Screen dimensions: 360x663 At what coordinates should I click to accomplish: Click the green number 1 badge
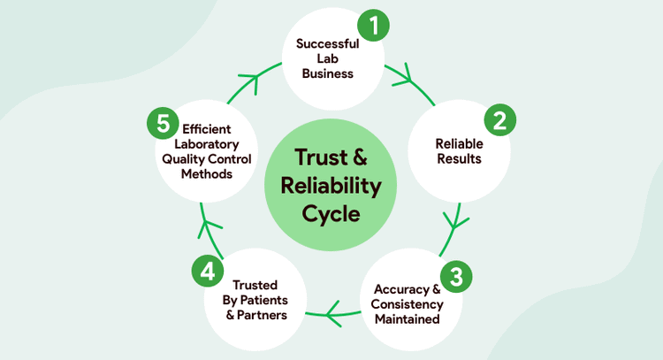tap(373, 27)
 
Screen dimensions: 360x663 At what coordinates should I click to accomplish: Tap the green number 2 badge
tap(499, 121)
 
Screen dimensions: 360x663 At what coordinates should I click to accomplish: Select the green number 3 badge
tap(455, 276)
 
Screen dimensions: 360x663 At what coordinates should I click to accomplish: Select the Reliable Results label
tap(458, 150)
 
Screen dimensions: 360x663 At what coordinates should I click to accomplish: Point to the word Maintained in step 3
tap(408, 319)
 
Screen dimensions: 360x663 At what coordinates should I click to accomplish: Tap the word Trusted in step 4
tap(255, 285)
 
